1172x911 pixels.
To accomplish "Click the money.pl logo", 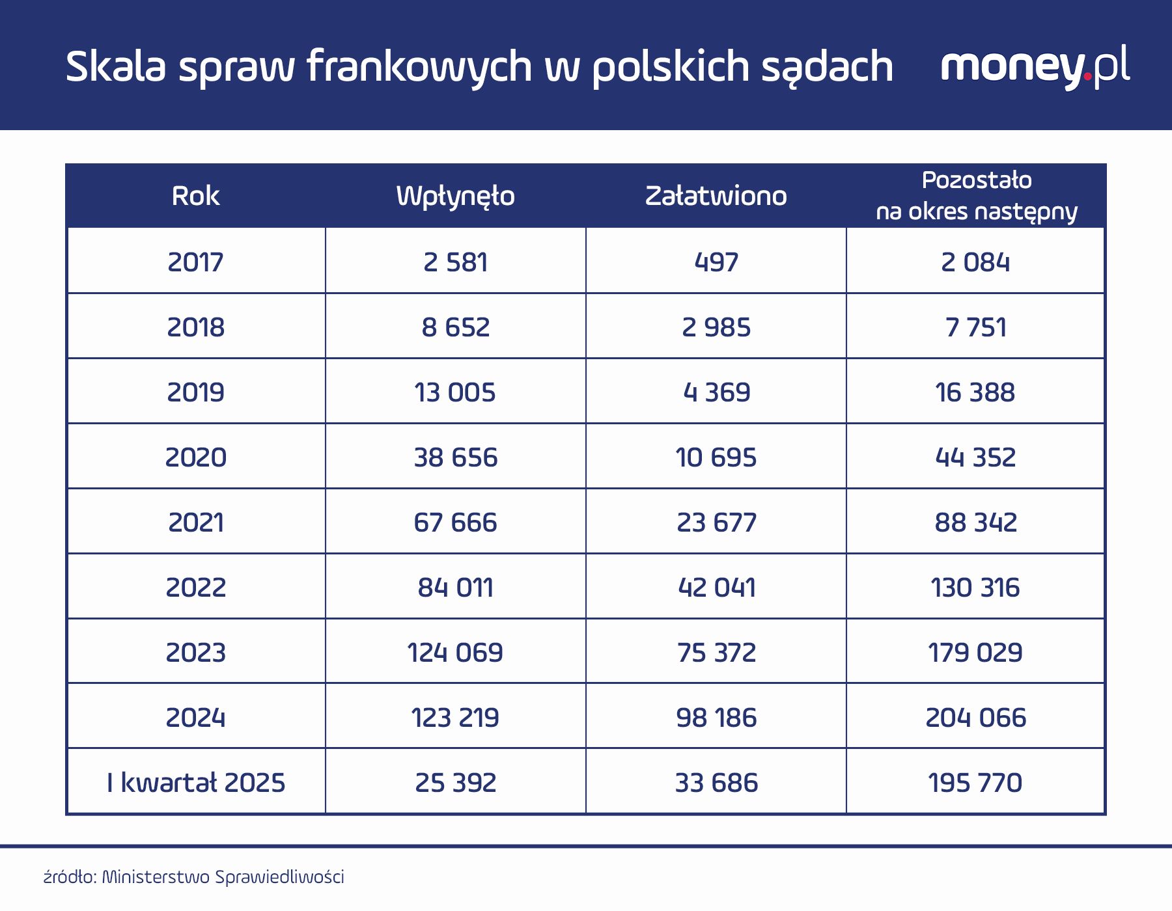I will click(x=1035, y=66).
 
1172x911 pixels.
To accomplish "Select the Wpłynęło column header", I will click(x=455, y=196).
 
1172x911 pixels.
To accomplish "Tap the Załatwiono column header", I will click(x=716, y=196).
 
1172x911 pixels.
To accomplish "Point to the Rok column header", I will click(x=195, y=196).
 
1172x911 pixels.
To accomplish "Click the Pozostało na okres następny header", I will click(x=976, y=196).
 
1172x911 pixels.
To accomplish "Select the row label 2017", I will click(x=195, y=262).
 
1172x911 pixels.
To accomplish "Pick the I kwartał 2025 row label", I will click(x=195, y=782).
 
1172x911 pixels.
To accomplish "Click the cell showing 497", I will click(x=716, y=262).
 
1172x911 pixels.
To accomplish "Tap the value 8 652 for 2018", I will click(x=455, y=327).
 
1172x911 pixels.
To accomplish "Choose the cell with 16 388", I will click(x=975, y=392).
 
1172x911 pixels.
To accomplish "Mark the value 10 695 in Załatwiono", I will click(x=716, y=457).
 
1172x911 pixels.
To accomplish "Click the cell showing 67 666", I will click(x=455, y=522).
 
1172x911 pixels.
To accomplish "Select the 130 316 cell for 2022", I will click(x=975, y=587).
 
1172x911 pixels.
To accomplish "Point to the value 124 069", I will click(x=455, y=652).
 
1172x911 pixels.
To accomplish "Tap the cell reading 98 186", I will click(x=716, y=717).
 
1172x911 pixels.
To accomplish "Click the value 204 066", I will click(x=975, y=717).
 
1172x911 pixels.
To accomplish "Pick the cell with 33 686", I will click(x=716, y=782).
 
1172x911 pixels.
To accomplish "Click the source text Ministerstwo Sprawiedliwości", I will click(x=223, y=877).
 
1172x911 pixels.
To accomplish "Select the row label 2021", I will click(x=195, y=522).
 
